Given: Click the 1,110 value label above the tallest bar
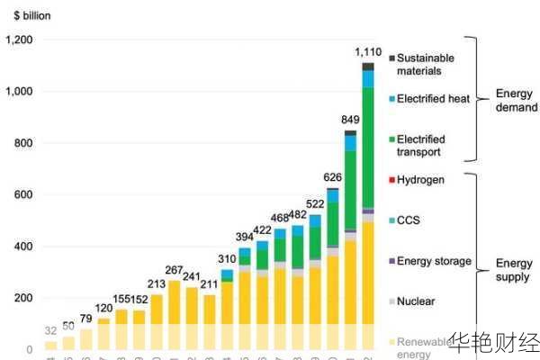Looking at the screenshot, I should tap(369, 51).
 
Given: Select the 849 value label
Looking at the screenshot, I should tap(351, 119).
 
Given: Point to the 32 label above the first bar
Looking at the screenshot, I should tap(50, 330).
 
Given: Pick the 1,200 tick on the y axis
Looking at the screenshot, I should tap(18, 40).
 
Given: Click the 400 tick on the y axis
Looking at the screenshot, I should tap(24, 246).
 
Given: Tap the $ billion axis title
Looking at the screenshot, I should tap(26, 14).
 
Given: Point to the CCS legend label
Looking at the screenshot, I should tap(409, 220).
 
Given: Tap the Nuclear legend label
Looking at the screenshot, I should tap(415, 301).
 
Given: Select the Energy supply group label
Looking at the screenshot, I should tap(515, 270).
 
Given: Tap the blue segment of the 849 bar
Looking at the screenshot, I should tap(351, 142).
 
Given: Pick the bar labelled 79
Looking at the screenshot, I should tap(86, 338).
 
